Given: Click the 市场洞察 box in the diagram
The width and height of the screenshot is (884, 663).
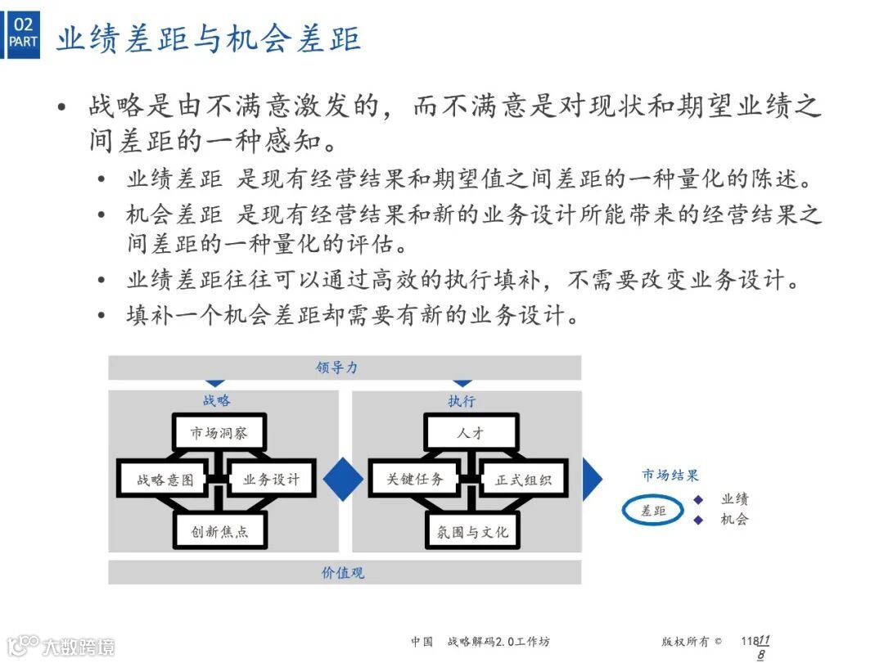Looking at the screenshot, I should coord(219,433).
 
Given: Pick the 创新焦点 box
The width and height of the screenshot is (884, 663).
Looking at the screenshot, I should coord(219,531).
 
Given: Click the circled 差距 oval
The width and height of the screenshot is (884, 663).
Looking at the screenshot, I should coord(653,511).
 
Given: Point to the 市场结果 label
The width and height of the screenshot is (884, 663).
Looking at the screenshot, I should coord(670,476).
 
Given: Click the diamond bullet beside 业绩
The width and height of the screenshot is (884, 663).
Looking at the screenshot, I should coord(698,499).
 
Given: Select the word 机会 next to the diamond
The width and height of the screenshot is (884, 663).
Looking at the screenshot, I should coord(734,520).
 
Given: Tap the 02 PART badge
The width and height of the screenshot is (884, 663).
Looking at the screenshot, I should coord(24,33).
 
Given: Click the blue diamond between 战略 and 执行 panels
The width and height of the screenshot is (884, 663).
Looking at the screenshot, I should coord(344,479).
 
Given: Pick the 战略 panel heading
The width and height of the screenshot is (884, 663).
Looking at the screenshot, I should coord(217,400).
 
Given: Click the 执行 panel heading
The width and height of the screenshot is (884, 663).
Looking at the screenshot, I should coord(462,401).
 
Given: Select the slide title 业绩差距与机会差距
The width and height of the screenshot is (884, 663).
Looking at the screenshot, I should coord(208,39).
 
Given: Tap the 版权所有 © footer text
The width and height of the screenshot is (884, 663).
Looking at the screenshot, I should coord(692,642).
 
